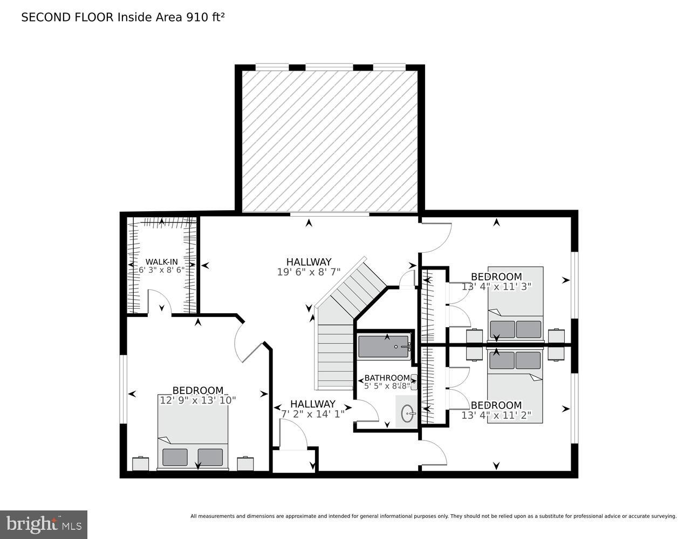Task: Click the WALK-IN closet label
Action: coord(161,262)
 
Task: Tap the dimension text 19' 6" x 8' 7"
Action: coord(309,272)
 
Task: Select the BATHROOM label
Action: coord(386,378)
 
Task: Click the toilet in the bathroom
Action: coord(414,382)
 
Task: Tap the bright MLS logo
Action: coord(43,524)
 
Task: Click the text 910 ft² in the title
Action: coord(205,17)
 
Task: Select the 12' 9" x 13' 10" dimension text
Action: coord(197,400)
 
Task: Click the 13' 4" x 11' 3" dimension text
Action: coord(496,287)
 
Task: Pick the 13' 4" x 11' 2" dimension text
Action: coord(496,415)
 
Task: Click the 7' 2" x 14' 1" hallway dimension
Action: coord(313,414)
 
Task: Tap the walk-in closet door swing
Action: coord(159,302)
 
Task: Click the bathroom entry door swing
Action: coord(367,412)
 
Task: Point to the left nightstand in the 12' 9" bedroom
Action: coord(140,464)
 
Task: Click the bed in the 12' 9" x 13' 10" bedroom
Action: coord(193,437)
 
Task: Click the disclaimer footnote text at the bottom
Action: coord(433,516)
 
